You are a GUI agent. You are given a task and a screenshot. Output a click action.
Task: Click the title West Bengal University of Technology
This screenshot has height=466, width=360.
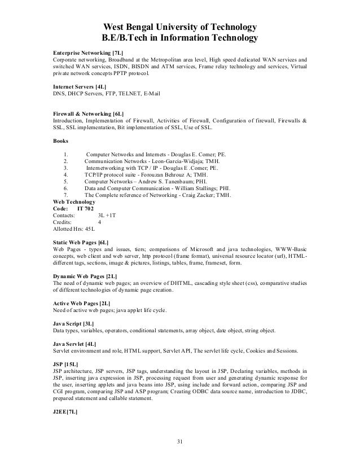pyautogui.click(x=179, y=27)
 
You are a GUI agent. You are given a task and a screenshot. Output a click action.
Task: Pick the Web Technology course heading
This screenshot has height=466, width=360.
pyautogui.click(x=74, y=202)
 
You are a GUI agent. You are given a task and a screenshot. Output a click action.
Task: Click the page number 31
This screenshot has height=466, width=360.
pyautogui.click(x=181, y=441)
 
